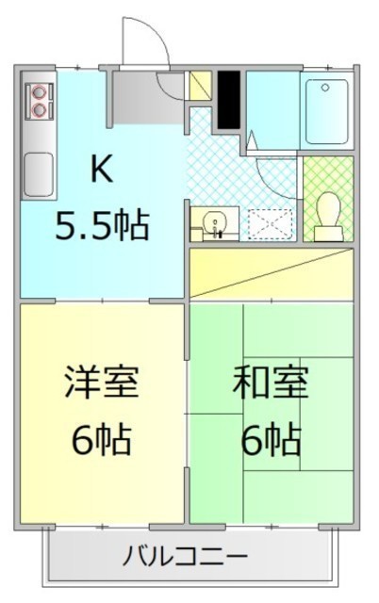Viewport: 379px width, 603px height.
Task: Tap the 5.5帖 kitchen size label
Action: tap(102, 224)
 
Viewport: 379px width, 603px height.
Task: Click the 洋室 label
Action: tap(102, 382)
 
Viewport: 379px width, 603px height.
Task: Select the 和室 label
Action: tap(271, 382)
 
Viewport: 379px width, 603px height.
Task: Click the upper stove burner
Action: tap(39, 92)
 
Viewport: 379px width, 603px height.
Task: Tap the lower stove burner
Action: tap(39, 110)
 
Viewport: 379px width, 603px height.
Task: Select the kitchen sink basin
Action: tap(39, 174)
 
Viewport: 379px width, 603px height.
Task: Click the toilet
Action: tap(328, 217)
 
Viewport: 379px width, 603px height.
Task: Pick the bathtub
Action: tap(327, 111)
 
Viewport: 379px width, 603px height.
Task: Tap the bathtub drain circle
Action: tap(325, 88)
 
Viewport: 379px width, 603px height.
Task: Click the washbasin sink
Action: tap(215, 223)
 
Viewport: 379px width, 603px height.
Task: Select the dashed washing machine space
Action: tap(270, 224)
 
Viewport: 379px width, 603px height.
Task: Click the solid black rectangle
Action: tap(229, 100)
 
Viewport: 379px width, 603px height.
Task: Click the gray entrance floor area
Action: tap(149, 98)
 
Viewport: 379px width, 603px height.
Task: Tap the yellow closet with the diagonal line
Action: tap(272, 273)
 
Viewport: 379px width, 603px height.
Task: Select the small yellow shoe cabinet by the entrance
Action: tap(201, 86)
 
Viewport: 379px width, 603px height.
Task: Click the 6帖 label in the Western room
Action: tap(102, 439)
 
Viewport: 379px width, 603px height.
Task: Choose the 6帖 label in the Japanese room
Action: tap(271, 439)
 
